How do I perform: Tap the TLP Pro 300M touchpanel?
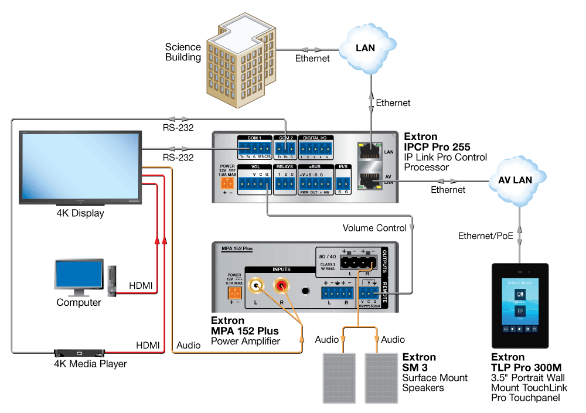coord(519,305)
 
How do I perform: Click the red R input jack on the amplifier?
coord(283,286)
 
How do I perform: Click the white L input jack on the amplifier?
coord(256,286)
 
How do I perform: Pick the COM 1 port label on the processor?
coord(255,138)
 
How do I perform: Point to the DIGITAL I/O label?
coord(315,138)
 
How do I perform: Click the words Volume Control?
coord(374,228)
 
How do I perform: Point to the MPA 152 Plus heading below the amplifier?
coord(245,331)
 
